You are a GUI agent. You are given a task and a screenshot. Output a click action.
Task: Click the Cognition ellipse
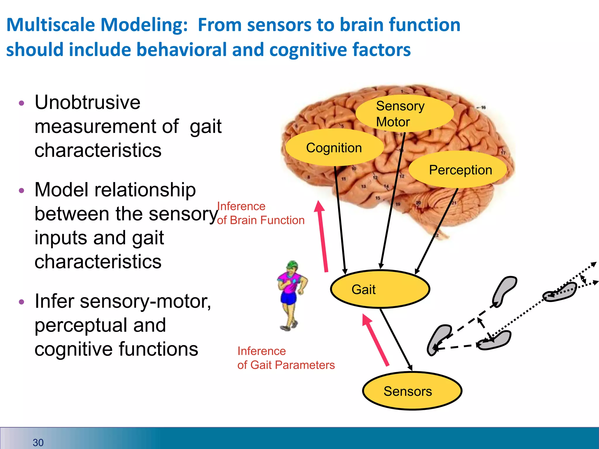[x=334, y=148]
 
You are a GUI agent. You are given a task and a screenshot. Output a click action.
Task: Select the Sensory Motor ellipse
[x=404, y=113]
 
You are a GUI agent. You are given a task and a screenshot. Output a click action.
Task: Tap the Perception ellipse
[x=458, y=170]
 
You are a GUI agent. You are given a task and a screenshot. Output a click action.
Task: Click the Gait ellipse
[x=380, y=289]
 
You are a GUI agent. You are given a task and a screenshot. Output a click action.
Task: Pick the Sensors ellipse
[x=412, y=391]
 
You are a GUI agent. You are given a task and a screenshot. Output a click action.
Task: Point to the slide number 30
[x=38, y=442]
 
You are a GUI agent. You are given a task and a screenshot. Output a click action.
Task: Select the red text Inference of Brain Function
[x=260, y=213]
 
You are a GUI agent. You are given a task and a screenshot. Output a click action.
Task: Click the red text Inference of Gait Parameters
[x=285, y=358]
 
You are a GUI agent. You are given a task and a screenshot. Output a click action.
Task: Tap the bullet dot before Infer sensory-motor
[x=21, y=302]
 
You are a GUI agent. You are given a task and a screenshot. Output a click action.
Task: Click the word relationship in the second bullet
[x=144, y=190]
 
